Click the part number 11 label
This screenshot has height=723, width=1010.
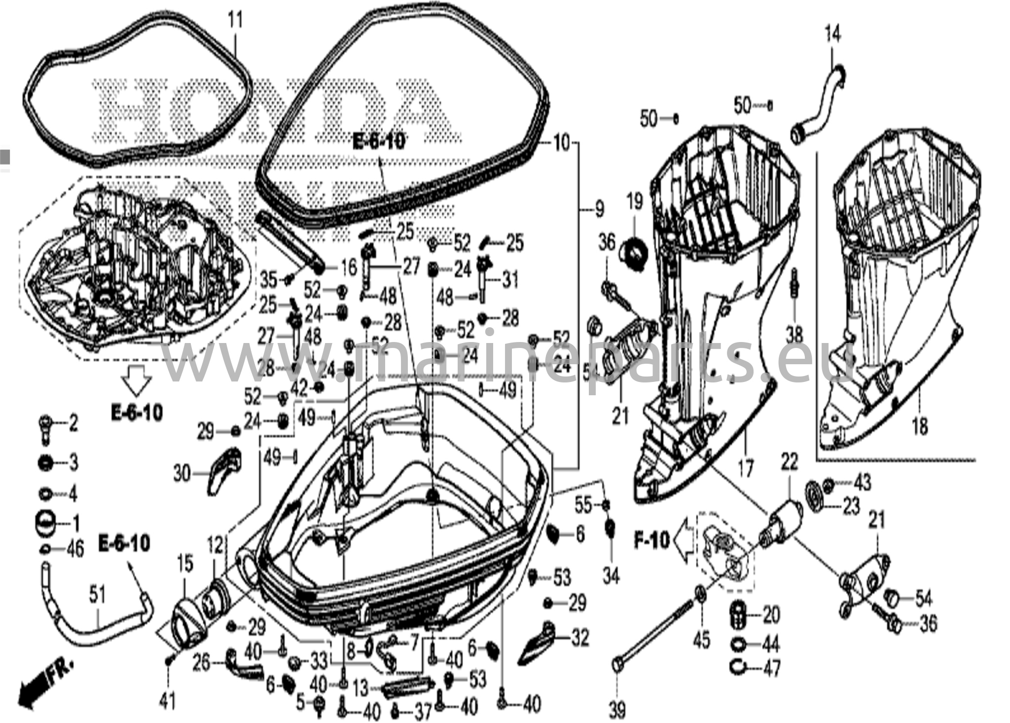point(236,21)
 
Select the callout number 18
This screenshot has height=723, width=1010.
point(920,426)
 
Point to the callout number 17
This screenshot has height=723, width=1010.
point(746,468)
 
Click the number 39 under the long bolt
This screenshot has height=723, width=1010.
point(618,710)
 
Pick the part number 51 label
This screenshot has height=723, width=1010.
point(97,595)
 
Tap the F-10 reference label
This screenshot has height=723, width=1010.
point(652,541)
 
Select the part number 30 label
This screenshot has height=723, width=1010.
point(182,475)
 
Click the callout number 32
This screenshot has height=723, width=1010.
point(580,638)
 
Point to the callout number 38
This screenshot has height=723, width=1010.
point(794,335)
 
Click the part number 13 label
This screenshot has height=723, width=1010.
point(361,687)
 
